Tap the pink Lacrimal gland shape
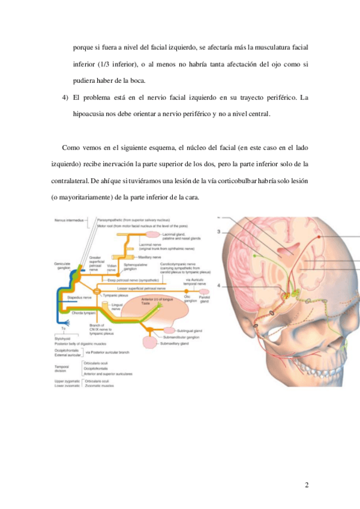(x=151, y=233)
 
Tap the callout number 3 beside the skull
(x=220, y=231)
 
